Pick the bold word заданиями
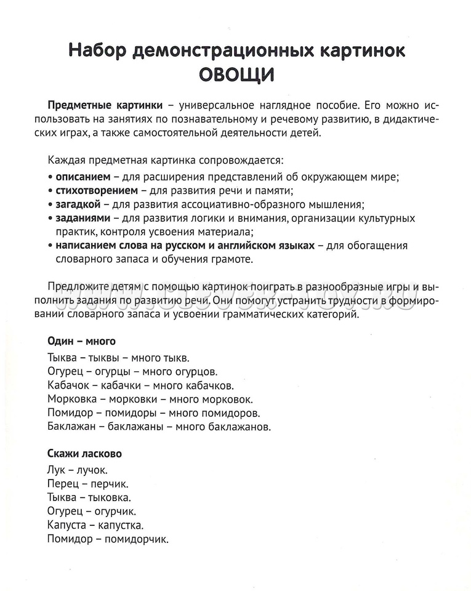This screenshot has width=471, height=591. click(83, 218)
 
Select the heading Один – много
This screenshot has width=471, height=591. click(81, 341)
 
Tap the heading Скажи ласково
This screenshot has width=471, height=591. click(84, 454)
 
